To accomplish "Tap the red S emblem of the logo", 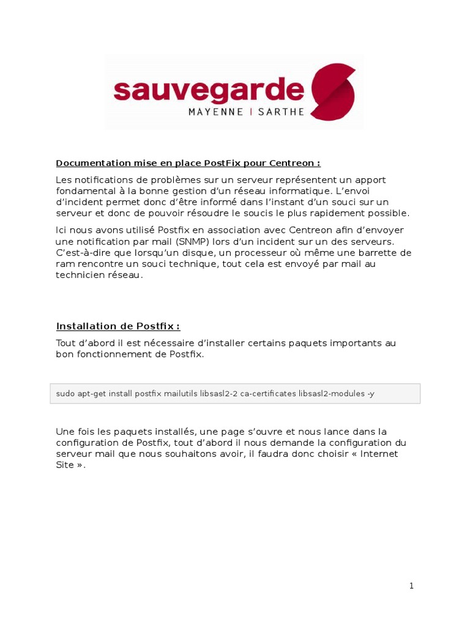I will pos(333,91).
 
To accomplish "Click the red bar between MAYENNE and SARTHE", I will pos(250,113).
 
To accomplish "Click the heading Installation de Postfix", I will pos(117,326).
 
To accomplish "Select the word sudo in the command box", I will pos(64,394).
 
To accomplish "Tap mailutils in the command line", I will pos(180,394).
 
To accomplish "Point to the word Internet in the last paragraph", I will pos(379,454).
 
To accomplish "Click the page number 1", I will pos(412,586).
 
